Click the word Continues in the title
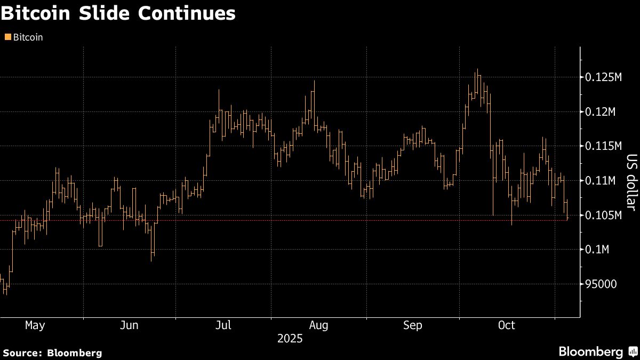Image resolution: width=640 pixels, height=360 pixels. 187,14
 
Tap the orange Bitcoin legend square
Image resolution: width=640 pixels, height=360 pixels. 7,37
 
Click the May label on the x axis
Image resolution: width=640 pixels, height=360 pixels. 35,325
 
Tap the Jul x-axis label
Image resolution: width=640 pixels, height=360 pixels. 223,325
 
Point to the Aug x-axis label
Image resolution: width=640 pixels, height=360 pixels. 318,325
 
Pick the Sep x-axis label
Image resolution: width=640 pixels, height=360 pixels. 413,325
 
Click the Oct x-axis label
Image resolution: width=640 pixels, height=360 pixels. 506,325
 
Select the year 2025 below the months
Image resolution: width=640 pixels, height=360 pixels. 290,339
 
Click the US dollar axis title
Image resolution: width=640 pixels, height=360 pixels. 631,182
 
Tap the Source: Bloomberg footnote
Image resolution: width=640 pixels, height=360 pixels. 52,353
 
